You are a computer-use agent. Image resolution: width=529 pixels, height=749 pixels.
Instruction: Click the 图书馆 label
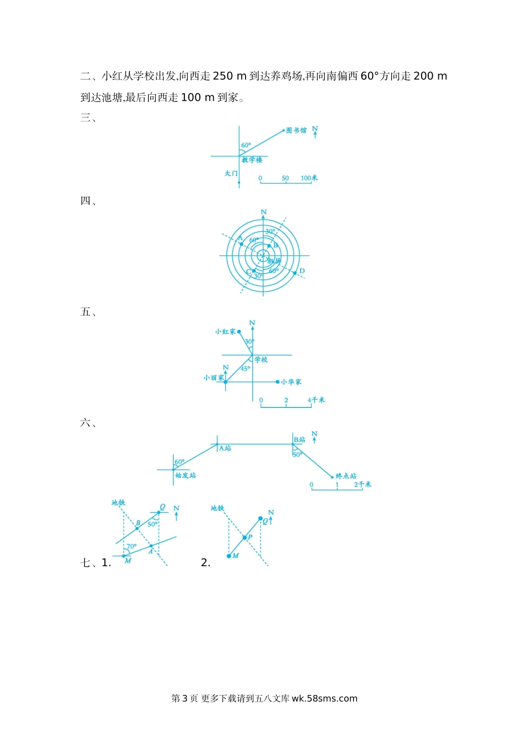tap(296, 130)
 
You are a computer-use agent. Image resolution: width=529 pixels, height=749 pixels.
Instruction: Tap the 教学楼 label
tap(252, 160)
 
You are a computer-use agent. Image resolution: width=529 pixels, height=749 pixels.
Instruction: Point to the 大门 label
tap(231, 173)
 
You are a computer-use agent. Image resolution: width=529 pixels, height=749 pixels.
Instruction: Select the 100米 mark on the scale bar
tap(309, 178)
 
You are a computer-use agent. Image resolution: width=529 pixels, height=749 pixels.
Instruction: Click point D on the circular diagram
tap(302, 271)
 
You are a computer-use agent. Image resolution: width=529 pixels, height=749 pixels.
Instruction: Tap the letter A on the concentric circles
tap(240, 239)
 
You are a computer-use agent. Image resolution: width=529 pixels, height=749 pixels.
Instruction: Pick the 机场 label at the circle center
tap(274, 261)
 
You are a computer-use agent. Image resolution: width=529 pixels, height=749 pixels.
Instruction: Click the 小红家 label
tap(226, 332)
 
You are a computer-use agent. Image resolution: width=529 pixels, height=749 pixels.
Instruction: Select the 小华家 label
tap(291, 382)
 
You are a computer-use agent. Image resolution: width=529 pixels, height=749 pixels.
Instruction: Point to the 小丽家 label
tap(213, 378)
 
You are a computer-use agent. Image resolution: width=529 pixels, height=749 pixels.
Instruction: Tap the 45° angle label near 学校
tap(245, 369)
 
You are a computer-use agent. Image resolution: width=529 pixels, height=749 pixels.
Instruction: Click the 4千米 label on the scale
tap(316, 400)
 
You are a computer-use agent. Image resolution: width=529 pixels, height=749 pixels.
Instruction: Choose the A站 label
tap(225, 448)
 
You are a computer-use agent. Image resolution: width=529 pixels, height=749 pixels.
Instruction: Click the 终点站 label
tap(346, 476)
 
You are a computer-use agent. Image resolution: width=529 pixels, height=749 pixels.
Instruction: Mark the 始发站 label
tap(185, 475)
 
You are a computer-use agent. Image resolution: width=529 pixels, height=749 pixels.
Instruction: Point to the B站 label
tap(300, 440)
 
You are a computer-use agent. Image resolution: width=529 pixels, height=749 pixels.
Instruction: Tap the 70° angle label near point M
tap(131, 547)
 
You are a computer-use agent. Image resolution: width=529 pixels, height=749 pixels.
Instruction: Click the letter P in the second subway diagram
tap(250, 537)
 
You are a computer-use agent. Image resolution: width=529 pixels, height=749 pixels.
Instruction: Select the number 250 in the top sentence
tap(223, 76)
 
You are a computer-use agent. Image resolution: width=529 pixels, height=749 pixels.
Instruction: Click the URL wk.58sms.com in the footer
tap(324, 698)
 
